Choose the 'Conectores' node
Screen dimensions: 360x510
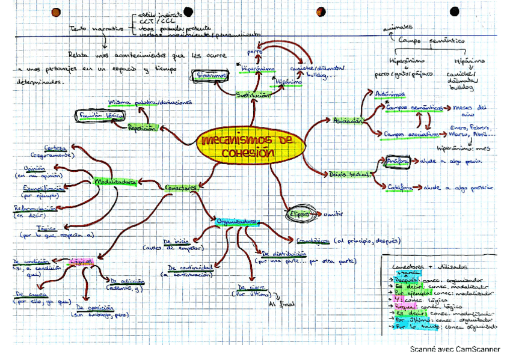182,188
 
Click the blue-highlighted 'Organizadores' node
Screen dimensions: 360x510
238,221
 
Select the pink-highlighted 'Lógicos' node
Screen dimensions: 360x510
81,261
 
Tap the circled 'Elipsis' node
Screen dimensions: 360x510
300,213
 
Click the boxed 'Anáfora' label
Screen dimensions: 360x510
396,162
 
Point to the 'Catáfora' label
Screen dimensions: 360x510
399,187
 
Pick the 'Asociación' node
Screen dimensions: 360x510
348,121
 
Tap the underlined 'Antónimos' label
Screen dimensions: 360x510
389,94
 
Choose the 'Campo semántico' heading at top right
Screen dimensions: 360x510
431,41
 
